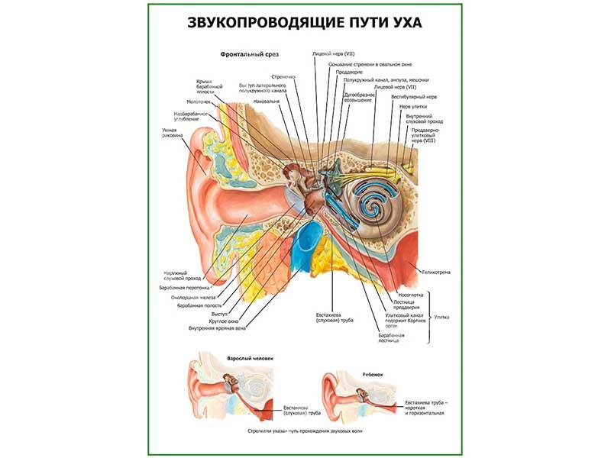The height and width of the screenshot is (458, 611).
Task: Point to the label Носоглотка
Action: [411, 293]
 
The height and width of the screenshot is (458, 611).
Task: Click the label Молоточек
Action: [201, 102]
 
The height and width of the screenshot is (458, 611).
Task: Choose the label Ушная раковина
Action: [171, 133]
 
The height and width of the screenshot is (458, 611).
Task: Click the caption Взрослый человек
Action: [249, 358]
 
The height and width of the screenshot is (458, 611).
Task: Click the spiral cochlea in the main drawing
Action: [375, 204]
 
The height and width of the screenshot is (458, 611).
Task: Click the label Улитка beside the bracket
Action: [442, 316]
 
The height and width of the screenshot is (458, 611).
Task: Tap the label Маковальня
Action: [267, 102]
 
